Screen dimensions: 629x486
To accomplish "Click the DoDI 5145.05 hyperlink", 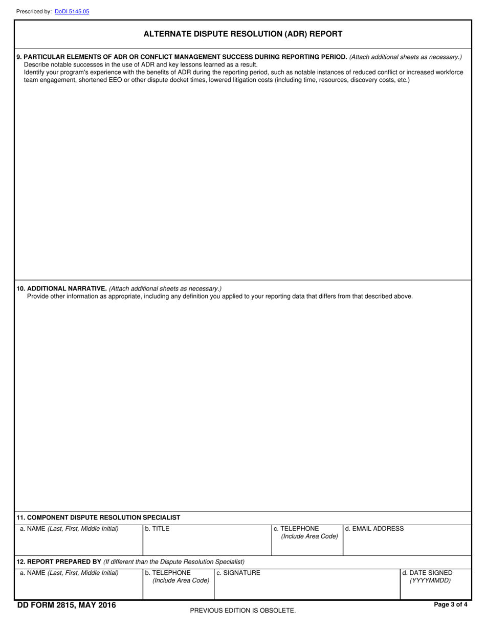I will point(72,11).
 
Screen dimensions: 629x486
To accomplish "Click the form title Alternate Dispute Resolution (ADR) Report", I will point(243,34).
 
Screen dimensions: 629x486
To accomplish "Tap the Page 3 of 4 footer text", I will point(450,604).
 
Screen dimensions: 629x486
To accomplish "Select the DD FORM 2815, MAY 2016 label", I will point(67,605).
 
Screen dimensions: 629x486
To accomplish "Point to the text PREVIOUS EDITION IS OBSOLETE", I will point(242,611).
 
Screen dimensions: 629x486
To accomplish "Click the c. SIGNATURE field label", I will point(238,573).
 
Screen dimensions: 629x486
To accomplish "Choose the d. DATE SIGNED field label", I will point(427,573).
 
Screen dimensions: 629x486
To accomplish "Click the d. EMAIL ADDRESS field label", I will point(374,529).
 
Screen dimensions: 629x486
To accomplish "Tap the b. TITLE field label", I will point(157,529).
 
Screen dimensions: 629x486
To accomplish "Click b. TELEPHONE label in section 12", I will point(168,573).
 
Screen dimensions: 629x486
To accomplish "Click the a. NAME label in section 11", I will point(69,529).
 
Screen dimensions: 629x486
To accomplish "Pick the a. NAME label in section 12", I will point(69,573).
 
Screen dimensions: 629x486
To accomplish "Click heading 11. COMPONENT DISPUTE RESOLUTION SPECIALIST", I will point(98,518).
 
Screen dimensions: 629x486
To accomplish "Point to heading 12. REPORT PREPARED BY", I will point(59,561).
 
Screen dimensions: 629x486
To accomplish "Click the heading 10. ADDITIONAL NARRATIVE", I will point(62,288).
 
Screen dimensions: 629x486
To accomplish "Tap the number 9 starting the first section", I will point(18,57).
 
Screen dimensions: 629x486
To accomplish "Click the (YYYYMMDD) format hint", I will point(430,580).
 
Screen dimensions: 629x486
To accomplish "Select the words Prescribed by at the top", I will point(34,11).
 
